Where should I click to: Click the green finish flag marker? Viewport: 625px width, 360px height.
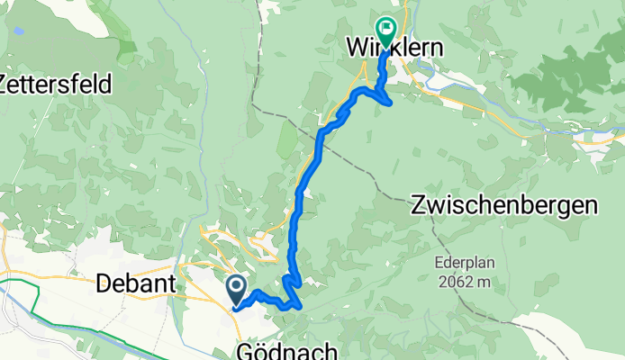pyautogui.click(x=386, y=33)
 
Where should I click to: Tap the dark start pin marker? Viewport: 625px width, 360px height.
pyautogui.click(x=236, y=290)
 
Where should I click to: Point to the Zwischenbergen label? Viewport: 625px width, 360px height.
pyautogui.click(x=503, y=205)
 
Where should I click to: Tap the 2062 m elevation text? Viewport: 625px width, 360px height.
pyautogui.click(x=466, y=282)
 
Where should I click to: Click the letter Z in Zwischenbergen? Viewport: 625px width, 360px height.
pyautogui.click(x=417, y=205)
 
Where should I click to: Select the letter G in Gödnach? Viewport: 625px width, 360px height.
pyautogui.click(x=244, y=350)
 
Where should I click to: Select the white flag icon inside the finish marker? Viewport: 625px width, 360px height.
pyautogui.click(x=387, y=29)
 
